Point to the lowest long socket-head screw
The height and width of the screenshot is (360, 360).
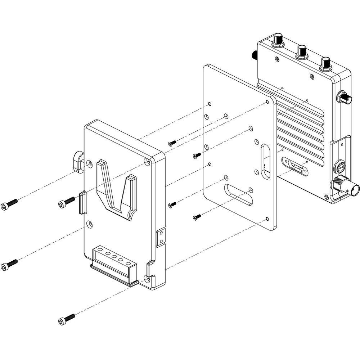(66, 319)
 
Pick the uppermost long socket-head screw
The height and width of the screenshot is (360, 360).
(9, 204)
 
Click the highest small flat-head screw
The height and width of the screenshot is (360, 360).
(172, 143)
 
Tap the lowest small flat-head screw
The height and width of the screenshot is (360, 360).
(197, 217)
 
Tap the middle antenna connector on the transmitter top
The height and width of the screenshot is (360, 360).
(301, 53)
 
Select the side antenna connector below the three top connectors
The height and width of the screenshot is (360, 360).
(344, 97)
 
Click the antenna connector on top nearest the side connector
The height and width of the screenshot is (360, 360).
(326, 63)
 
